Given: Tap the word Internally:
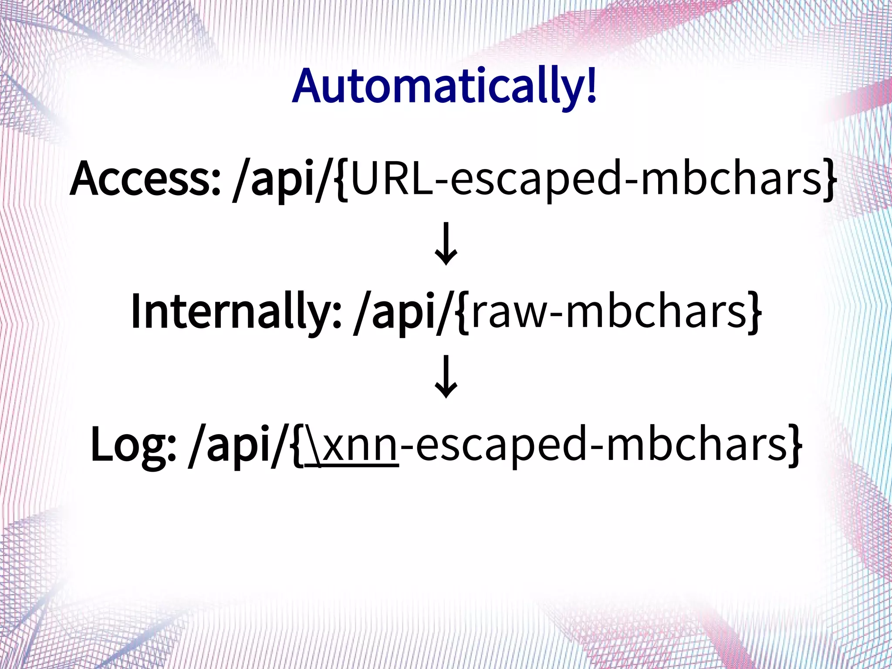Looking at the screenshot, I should tap(236, 311).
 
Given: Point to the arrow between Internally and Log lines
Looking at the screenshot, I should tap(446, 377).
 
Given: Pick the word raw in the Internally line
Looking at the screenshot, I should tap(508, 311).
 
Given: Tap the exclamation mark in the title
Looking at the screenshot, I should tap(591, 85).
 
